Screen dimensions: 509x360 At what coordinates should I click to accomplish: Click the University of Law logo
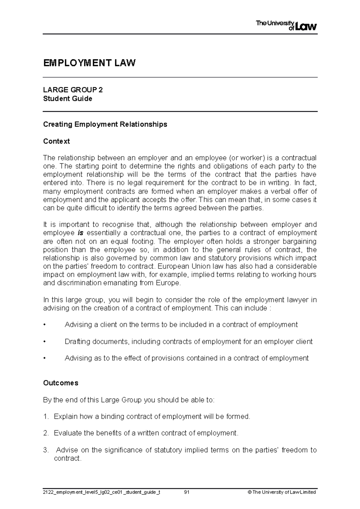(286, 25)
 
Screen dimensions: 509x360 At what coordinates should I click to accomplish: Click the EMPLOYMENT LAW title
(89, 63)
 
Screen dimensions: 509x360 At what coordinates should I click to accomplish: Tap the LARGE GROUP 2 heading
(73, 90)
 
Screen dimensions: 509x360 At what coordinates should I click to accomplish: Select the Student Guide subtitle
(67, 99)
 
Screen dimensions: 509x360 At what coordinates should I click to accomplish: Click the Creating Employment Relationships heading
(105, 124)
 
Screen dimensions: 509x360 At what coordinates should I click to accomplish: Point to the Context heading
(56, 141)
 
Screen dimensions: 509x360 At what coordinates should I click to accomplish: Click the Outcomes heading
(61, 383)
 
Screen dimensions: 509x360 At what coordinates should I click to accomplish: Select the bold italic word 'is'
(80, 233)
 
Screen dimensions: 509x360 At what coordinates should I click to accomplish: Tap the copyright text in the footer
(280, 492)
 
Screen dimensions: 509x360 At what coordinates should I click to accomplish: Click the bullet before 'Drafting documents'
(45, 342)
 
